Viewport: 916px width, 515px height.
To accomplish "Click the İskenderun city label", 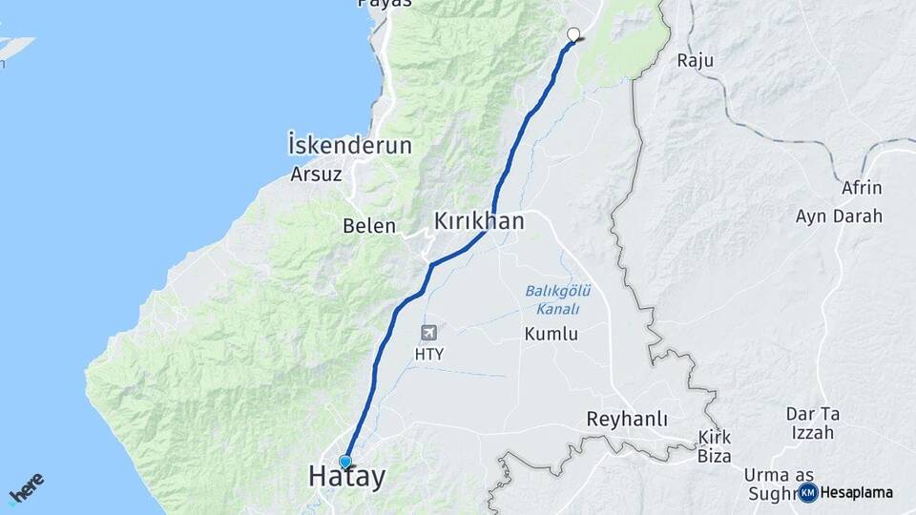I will tap(349, 146).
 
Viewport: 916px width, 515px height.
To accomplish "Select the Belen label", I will tap(369, 226).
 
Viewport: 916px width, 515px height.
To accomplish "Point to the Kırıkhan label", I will tap(479, 221).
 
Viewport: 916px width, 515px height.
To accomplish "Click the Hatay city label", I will tap(346, 478).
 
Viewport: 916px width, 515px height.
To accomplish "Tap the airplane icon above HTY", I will tap(428, 332).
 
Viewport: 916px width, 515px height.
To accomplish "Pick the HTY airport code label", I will tap(429, 354).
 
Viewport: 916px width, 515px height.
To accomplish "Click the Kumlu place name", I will tap(551, 334).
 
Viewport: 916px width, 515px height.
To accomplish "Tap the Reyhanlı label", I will tap(627, 420).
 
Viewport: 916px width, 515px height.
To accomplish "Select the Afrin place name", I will tap(862, 188).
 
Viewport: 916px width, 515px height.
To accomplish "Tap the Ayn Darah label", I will tap(839, 216).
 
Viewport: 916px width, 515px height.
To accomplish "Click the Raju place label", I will tap(696, 60).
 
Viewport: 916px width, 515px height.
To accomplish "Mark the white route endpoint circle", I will tap(573, 34).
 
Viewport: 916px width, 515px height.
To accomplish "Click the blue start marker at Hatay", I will tap(344, 462).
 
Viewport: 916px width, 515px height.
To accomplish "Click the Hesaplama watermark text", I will tap(856, 493).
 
